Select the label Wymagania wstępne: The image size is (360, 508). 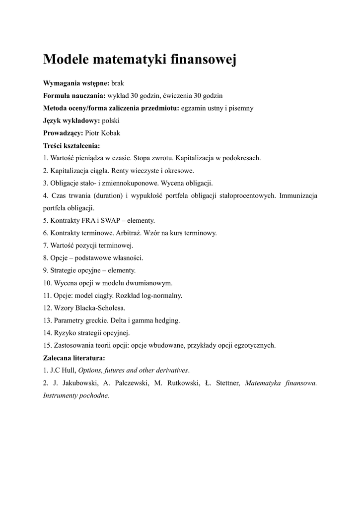click(76, 83)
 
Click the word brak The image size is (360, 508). click(117, 83)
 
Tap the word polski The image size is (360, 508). click(111, 121)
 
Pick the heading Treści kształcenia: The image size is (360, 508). click(72, 145)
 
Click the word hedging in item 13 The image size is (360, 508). click(168, 320)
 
